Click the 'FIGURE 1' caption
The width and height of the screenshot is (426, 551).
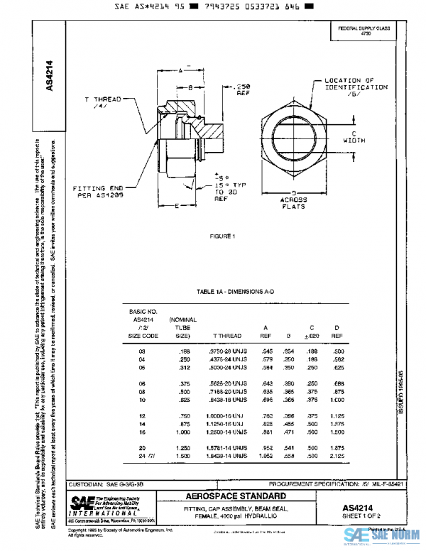pyautogui.click(x=222, y=236)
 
